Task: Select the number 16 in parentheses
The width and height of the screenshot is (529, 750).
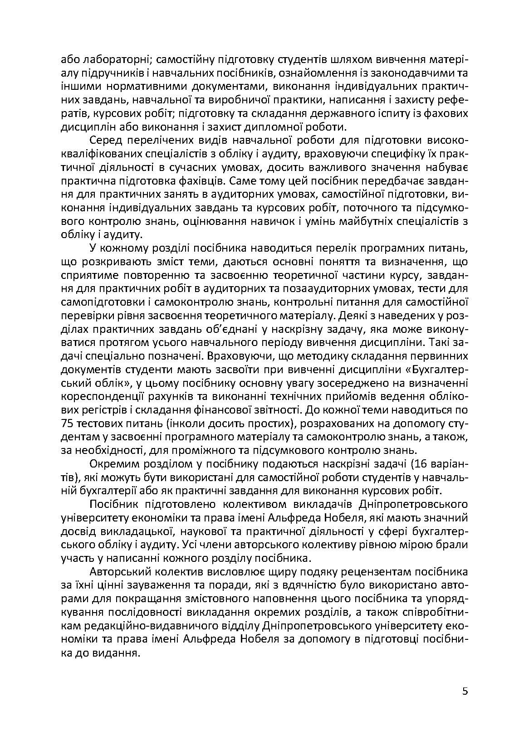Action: (x=424, y=464)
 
